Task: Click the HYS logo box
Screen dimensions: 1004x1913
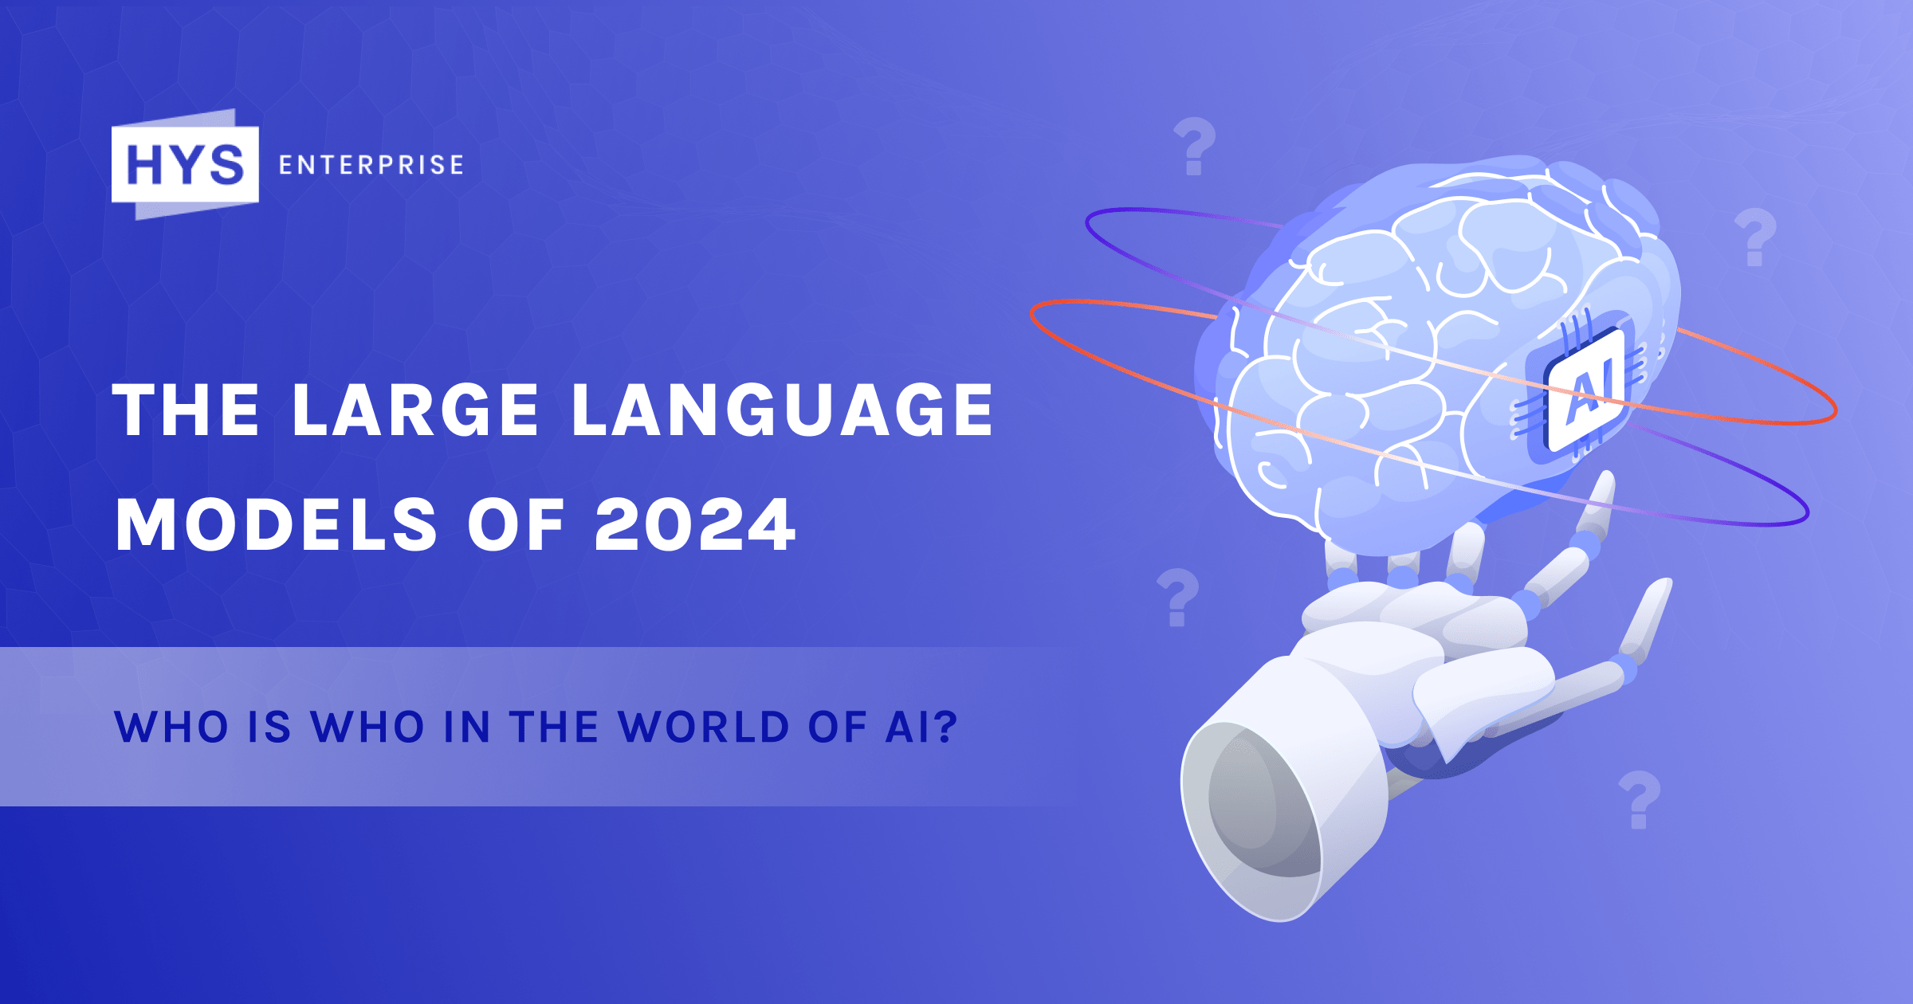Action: coord(185,164)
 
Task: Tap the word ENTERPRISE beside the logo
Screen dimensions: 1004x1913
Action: coord(371,165)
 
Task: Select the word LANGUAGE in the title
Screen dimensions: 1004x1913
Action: coord(783,410)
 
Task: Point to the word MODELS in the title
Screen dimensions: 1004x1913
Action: coord(277,525)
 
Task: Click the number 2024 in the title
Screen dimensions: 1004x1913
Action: coord(695,525)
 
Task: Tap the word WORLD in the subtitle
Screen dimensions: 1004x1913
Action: coord(705,727)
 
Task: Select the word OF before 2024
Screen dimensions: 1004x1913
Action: coord(516,525)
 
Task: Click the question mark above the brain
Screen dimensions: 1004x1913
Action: coord(1194,147)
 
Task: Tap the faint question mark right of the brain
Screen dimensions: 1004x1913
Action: coord(1755,237)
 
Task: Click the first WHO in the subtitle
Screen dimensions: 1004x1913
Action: coord(172,727)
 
